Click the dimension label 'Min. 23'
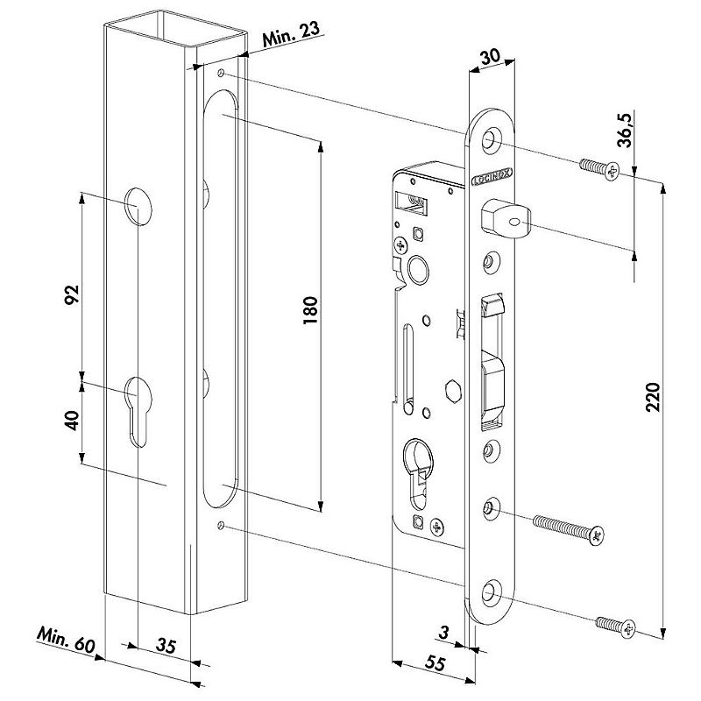tap(292, 35)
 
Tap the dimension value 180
tap(310, 310)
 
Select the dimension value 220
tap(653, 397)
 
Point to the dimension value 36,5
tap(625, 130)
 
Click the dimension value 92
tap(72, 294)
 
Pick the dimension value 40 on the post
tap(72, 421)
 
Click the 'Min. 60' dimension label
tap(67, 640)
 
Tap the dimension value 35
tap(166, 646)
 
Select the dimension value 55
tap(434, 662)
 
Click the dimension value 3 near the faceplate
tap(443, 633)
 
